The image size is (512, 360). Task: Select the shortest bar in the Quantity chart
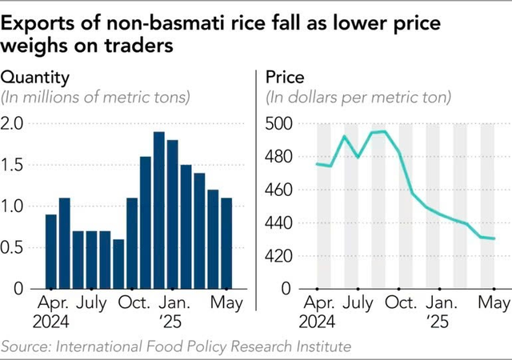point(118,263)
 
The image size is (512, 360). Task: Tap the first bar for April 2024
point(50,251)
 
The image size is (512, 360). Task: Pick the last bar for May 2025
point(226,243)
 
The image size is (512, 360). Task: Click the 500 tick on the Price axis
point(279,124)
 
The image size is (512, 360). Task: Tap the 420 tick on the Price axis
point(279,256)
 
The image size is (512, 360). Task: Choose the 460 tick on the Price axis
point(279,190)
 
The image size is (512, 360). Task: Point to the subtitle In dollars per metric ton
point(358,98)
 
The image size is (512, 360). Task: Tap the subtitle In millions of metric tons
point(95,98)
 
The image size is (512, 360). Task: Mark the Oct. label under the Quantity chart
point(133,304)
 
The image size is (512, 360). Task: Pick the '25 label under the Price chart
point(438,322)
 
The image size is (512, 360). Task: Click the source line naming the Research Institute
point(176,346)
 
